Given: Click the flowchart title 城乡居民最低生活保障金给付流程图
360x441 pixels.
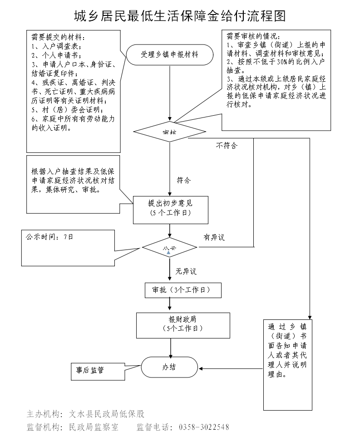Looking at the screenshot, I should [x=180, y=17].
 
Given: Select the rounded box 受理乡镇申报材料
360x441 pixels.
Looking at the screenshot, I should [x=169, y=54].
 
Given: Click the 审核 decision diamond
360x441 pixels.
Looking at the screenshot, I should [x=169, y=132].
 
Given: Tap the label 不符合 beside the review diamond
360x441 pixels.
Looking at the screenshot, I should [x=226, y=146].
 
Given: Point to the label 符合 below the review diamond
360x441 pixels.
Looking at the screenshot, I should [x=183, y=180].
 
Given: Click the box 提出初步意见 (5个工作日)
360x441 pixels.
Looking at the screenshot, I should [x=170, y=210].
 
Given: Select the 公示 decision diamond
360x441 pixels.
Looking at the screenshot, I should [x=169, y=248].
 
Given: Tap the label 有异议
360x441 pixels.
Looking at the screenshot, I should [x=214, y=237].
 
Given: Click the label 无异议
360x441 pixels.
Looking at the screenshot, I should [x=186, y=271].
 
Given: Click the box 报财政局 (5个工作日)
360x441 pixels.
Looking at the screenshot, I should [x=170, y=323].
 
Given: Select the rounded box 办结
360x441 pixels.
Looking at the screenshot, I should [x=169, y=367].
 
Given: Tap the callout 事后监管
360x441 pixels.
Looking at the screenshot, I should [x=90, y=370].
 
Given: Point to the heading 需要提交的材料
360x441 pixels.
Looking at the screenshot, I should [x=58, y=37].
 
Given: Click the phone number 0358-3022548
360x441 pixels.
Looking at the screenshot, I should [x=204, y=427].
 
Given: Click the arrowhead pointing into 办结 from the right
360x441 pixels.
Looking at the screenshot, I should [x=200, y=368].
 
